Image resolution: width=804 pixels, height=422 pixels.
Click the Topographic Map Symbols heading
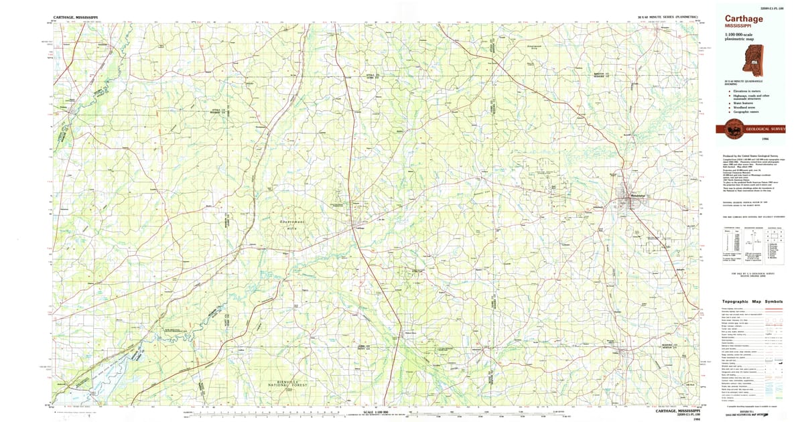pos(752,302)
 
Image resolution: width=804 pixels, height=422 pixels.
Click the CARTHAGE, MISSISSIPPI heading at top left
pos(74,15)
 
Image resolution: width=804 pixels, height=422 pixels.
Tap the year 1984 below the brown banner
pos(756,139)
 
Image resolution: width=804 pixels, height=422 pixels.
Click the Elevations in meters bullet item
pos(746,90)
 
